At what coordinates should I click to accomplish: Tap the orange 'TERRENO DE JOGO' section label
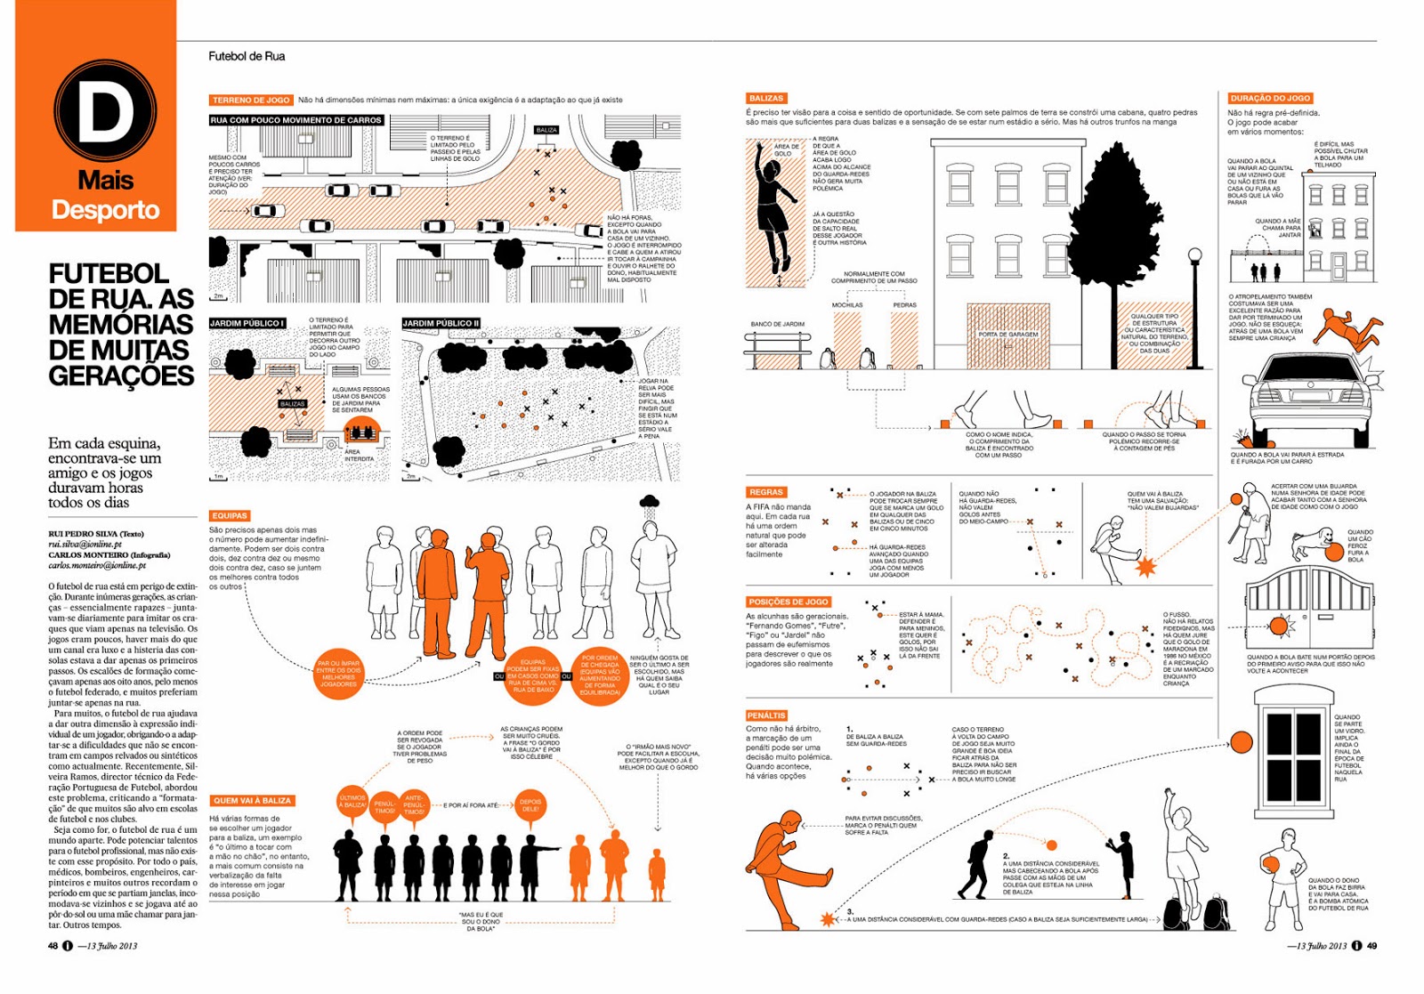tap(251, 100)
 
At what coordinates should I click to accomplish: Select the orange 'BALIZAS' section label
tap(765, 98)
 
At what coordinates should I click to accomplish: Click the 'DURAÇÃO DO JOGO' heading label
tap(1270, 98)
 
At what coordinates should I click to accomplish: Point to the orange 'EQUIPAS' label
tap(230, 515)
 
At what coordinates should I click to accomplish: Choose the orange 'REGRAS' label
tap(765, 492)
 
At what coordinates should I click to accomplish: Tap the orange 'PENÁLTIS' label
tap(766, 715)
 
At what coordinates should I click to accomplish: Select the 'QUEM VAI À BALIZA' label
tap(252, 800)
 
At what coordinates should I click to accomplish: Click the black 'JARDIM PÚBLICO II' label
tap(441, 323)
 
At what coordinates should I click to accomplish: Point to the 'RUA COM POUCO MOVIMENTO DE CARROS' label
tap(296, 120)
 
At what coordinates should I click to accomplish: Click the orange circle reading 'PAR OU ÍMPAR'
tap(338, 674)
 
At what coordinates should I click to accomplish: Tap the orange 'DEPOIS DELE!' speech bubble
tap(530, 805)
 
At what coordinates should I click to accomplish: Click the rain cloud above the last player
tap(650, 503)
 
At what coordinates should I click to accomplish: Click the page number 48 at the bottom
tap(53, 945)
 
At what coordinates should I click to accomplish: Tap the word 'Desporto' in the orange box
tap(105, 210)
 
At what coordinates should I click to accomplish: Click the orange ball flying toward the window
tap(1241, 741)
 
